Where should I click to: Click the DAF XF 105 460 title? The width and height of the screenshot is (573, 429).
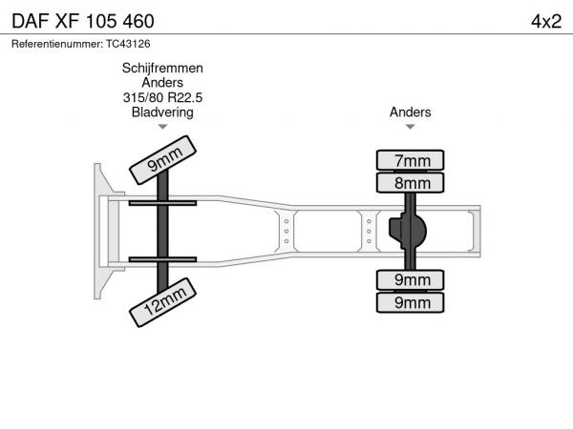point(83,21)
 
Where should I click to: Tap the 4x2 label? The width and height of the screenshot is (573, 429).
point(546,22)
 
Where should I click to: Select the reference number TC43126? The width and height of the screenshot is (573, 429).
point(128,44)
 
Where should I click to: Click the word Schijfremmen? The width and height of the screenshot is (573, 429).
point(162,69)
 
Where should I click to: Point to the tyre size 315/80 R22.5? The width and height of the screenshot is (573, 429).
point(162,97)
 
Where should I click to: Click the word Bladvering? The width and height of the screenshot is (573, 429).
point(162,112)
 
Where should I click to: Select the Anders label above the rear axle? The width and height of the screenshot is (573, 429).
point(410,112)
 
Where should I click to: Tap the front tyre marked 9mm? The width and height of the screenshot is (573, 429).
point(163,160)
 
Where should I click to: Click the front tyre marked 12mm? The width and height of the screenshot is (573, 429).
point(163,302)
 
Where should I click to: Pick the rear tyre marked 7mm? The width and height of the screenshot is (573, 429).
point(410,160)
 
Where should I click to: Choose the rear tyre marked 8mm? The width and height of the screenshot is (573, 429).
point(410,183)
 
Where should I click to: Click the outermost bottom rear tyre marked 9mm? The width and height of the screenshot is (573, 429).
point(410,302)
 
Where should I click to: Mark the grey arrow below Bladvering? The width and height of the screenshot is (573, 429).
point(162,127)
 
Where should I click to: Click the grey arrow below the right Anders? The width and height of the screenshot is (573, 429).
point(410,127)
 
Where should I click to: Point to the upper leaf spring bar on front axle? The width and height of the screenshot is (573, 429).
point(162,203)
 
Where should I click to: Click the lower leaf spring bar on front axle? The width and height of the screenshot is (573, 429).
point(162,259)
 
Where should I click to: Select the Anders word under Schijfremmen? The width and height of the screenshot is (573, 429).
point(162,83)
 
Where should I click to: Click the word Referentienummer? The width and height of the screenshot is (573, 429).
point(57,44)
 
